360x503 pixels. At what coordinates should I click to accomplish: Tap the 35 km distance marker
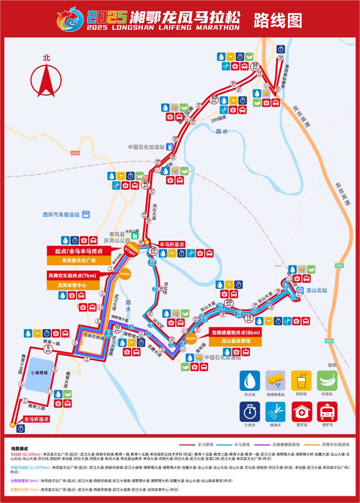(256, 66)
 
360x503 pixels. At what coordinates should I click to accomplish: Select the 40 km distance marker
(146, 184)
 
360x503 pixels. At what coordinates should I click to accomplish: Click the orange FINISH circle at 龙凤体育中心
(125, 273)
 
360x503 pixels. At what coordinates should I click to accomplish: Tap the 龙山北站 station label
(317, 290)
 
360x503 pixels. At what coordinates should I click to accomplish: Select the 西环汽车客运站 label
(61, 215)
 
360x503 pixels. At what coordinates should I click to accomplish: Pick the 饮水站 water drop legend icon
(249, 381)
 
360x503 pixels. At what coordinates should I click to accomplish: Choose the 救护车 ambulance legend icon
(327, 412)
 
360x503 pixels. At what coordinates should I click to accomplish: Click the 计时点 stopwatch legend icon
(249, 412)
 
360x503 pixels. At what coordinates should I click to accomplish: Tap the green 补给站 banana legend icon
(327, 381)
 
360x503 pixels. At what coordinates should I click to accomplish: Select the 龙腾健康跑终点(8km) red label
(235, 333)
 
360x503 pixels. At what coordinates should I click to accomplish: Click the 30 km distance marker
(214, 100)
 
